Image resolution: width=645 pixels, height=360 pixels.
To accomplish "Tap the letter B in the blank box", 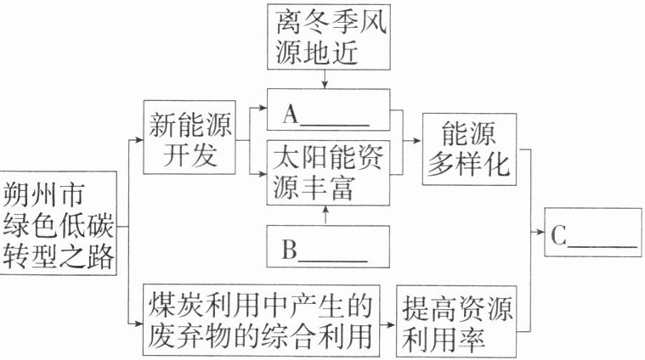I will [x=289, y=250].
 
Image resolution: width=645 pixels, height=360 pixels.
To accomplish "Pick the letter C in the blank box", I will [x=557, y=238].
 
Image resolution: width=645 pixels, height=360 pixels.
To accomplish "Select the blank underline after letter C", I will [x=602, y=246].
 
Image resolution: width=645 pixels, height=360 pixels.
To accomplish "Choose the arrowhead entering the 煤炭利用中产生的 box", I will [x=138, y=323].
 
